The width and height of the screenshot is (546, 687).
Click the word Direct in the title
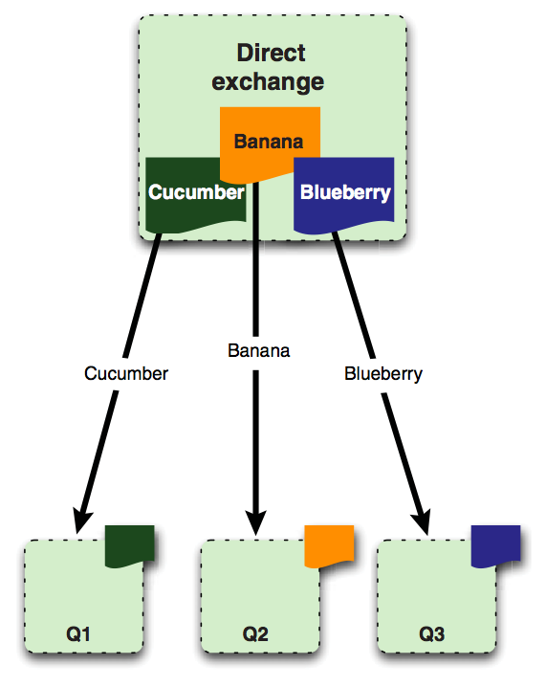(271, 53)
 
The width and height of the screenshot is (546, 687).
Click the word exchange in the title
(268, 81)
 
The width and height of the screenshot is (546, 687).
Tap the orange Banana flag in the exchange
(270, 145)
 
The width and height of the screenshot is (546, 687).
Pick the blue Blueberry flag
(343, 195)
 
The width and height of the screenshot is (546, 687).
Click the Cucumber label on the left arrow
(126, 374)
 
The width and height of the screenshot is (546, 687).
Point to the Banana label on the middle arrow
(259, 350)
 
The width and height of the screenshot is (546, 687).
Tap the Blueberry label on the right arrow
(383, 374)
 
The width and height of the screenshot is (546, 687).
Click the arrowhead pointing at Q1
(81, 521)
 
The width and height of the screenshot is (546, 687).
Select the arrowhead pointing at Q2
(255, 521)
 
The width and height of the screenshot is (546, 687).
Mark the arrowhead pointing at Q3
(422, 521)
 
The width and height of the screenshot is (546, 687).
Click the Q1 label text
(78, 634)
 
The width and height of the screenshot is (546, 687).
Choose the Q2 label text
(255, 634)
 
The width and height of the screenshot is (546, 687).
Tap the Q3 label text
(431, 634)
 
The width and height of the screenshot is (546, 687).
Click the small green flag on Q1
(130, 546)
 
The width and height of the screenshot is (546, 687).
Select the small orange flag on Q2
(329, 546)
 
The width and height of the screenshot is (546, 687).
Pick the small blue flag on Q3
(495, 546)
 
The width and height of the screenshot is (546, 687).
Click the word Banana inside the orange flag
(269, 142)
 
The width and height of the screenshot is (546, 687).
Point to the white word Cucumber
(196, 192)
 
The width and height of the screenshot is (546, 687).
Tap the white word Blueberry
(345, 192)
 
